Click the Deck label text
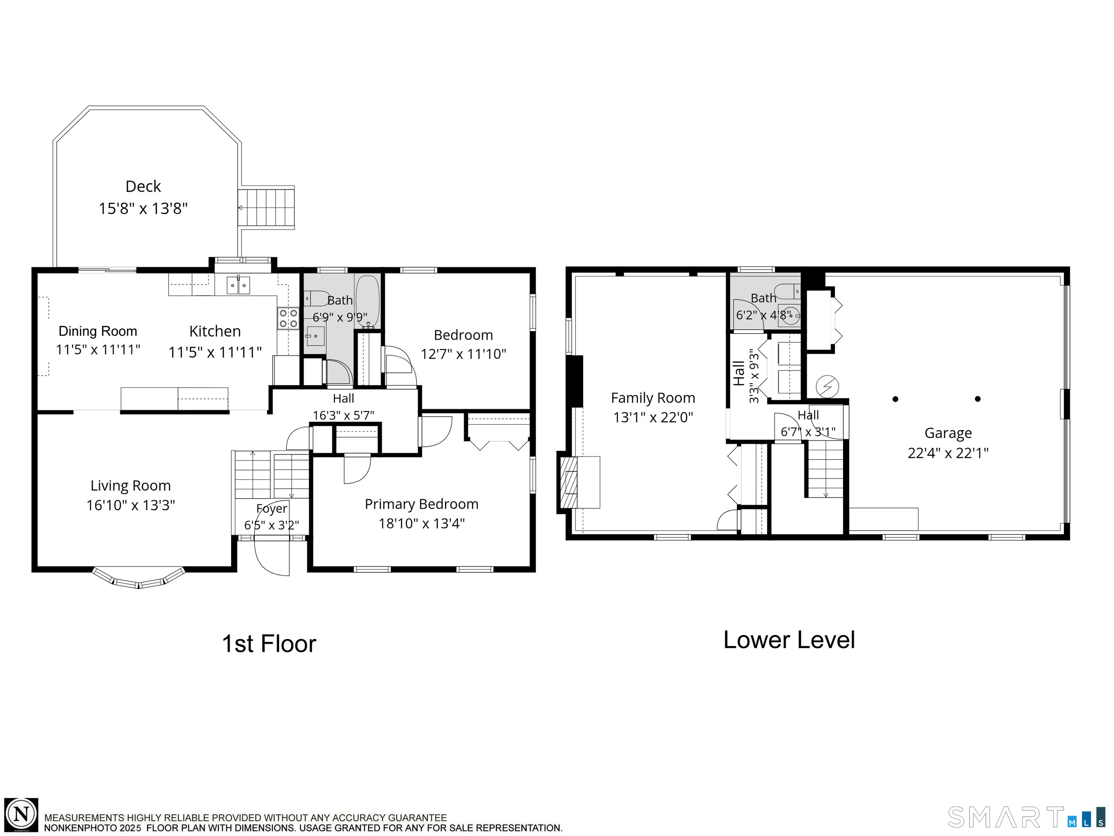pyautogui.click(x=143, y=187)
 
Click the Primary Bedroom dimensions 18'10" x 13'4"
pyautogui.click(x=421, y=524)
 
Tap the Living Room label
pyautogui.click(x=131, y=486)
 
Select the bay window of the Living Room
pyautogui.click(x=139, y=579)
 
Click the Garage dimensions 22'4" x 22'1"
pyautogui.click(x=948, y=453)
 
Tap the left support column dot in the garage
pyautogui.click(x=895, y=399)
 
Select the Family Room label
pyautogui.click(x=653, y=398)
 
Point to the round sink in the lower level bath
pyautogui.click(x=790, y=315)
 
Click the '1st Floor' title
pyautogui.click(x=269, y=644)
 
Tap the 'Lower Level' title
pyautogui.click(x=789, y=640)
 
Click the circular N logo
pyautogui.click(x=21, y=814)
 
